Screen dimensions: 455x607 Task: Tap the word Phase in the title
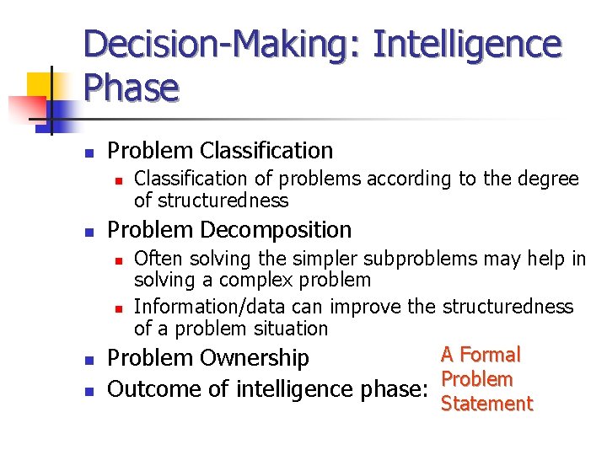[132, 88]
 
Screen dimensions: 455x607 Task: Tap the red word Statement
[487, 404]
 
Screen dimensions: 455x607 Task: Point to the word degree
[548, 179]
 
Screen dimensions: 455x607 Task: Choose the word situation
[286, 329]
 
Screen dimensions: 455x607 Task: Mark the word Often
[157, 259]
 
